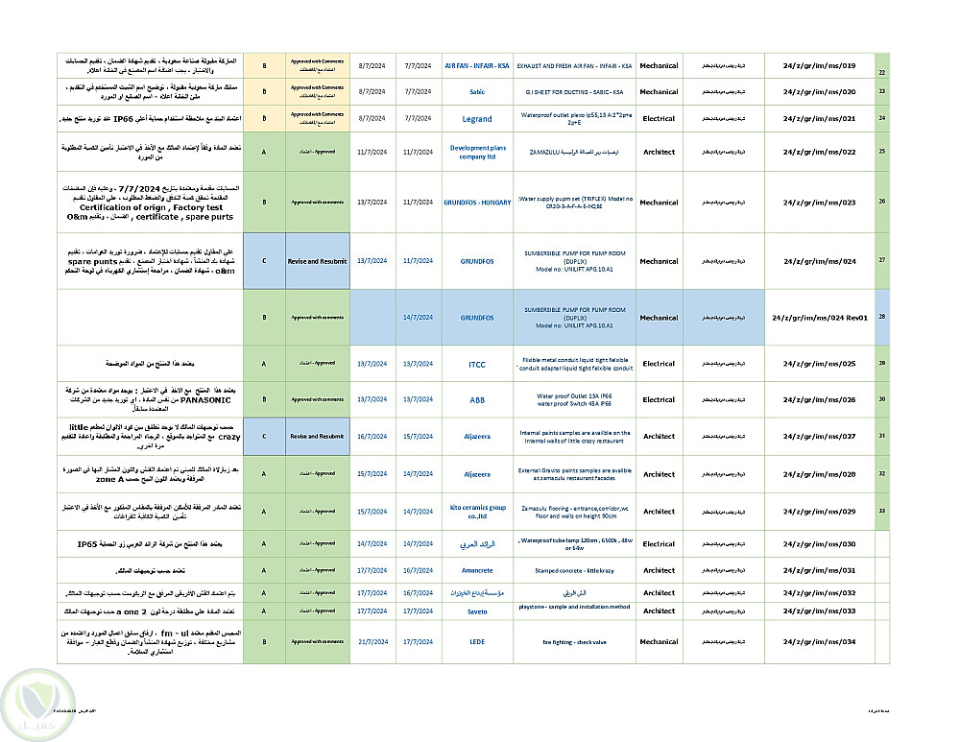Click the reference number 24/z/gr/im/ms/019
819,66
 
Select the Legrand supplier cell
477,119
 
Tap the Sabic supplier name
477,92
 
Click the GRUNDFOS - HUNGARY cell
477,203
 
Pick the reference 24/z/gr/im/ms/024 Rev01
819,318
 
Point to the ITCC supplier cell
477,364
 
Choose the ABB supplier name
477,399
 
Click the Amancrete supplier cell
477,570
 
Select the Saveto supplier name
477,611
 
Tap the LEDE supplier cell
477,642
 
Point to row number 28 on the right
881,317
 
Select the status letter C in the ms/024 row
264,261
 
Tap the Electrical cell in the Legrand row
659,119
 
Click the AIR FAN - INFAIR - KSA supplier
477,66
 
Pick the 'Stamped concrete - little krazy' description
575,570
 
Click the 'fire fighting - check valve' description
575,642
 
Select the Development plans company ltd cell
477,152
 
